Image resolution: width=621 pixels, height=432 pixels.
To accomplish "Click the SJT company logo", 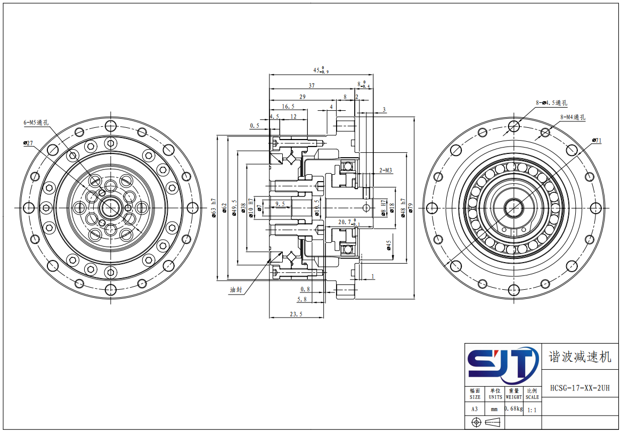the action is pyautogui.click(x=503, y=365).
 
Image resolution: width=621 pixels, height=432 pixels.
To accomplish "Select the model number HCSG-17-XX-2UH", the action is pyautogui.click(x=580, y=388).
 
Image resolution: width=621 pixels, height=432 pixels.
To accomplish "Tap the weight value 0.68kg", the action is pyautogui.click(x=513, y=408).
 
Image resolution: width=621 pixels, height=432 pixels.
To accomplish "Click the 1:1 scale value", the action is pyautogui.click(x=532, y=410).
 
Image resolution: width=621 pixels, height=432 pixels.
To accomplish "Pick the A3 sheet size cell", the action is pyautogui.click(x=475, y=410).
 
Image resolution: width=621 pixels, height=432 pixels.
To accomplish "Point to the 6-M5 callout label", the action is pyautogui.click(x=36, y=123).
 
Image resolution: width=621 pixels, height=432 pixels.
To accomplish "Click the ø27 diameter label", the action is pyautogui.click(x=28, y=143).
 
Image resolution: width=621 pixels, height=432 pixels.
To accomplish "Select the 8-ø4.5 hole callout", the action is pyautogui.click(x=551, y=103).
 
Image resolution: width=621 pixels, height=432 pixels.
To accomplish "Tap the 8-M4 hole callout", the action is pyautogui.click(x=573, y=117).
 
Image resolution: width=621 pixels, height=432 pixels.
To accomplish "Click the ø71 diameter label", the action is pyautogui.click(x=597, y=140).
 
